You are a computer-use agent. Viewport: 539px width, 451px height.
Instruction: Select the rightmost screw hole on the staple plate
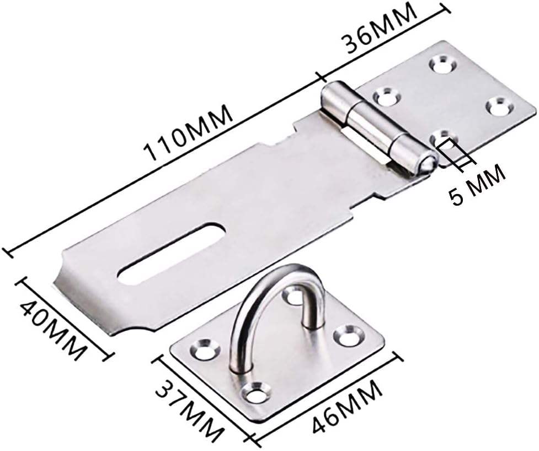(x=349, y=335)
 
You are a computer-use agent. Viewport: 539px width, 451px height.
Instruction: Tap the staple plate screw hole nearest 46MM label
(x=255, y=394)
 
